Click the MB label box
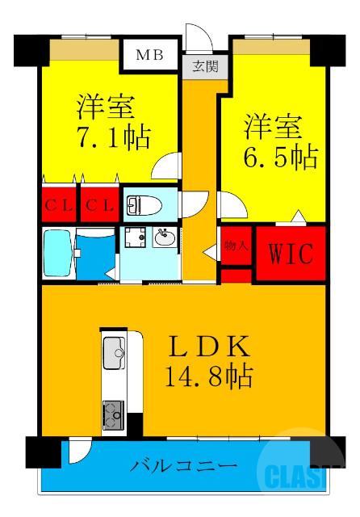(x=149, y=56)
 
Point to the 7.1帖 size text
(x=114, y=137)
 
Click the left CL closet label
(x=57, y=204)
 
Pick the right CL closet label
(x=98, y=204)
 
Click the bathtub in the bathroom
(x=57, y=252)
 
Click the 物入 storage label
(x=235, y=245)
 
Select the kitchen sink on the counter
(x=113, y=352)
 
